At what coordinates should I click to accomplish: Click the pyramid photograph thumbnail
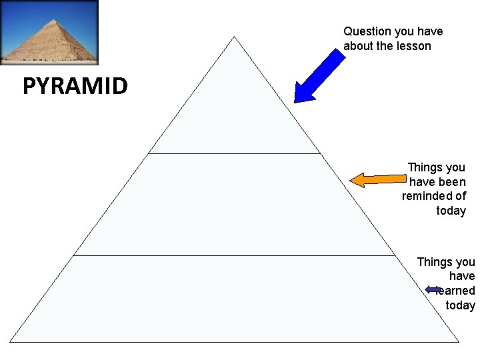(x=49, y=32)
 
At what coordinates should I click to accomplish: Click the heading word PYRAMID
(x=75, y=87)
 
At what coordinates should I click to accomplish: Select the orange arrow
(x=378, y=179)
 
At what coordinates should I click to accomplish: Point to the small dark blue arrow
(x=434, y=290)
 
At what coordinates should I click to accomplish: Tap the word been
(x=452, y=181)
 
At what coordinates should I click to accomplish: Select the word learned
(x=457, y=291)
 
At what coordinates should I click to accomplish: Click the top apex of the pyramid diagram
(x=235, y=37)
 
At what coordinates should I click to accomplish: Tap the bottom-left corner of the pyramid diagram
(x=11, y=341)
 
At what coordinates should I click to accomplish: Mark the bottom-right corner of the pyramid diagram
(x=459, y=341)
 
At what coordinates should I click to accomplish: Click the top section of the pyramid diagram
(x=235, y=113)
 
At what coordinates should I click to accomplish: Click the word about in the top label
(x=359, y=46)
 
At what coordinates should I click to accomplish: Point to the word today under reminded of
(x=451, y=211)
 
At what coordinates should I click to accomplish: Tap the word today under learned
(x=461, y=305)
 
